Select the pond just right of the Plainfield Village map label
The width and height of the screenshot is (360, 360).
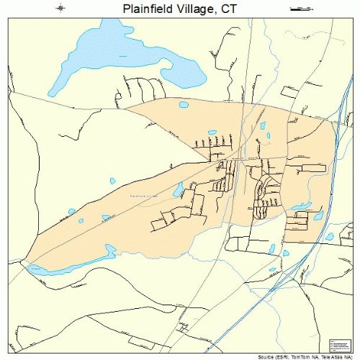177,190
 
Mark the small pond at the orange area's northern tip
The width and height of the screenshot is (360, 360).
184,104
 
